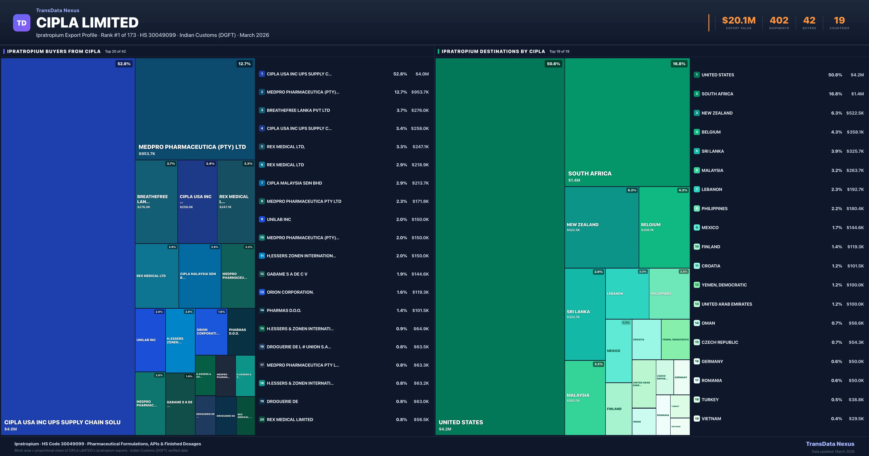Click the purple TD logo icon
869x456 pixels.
[x=22, y=23]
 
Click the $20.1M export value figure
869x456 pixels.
[x=738, y=21]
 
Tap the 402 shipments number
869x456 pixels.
[x=779, y=21]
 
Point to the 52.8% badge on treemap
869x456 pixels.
[x=124, y=64]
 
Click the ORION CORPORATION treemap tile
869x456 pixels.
[x=211, y=332]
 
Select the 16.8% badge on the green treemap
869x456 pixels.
[x=679, y=64]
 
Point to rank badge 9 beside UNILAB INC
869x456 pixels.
[x=262, y=219]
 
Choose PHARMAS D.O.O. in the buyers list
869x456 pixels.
[x=284, y=310]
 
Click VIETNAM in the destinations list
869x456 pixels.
[x=711, y=419]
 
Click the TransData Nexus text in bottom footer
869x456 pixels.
[x=830, y=444]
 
